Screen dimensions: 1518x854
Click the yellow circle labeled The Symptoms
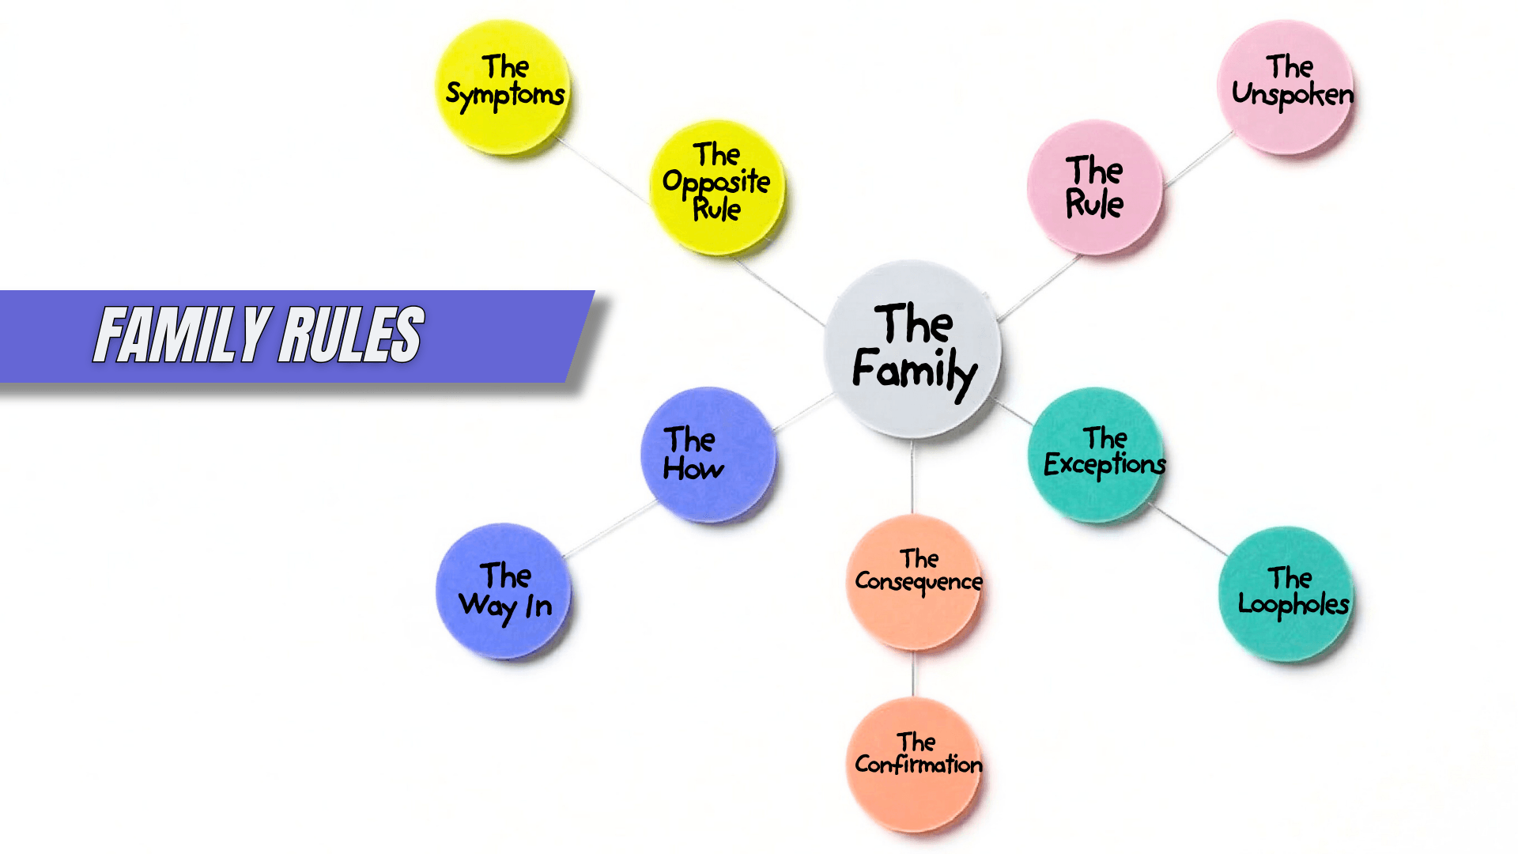tap(504, 87)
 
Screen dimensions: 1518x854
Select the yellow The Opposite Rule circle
tap(717, 187)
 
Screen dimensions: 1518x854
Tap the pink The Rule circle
tap(1094, 187)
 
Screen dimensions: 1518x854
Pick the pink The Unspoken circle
tap(1286, 87)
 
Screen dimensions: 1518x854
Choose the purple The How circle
tap(708, 454)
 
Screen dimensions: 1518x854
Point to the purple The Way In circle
tap(504, 591)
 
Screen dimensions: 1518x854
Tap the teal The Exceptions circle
tap(1096, 454)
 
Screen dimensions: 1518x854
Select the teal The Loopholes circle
tap(1286, 593)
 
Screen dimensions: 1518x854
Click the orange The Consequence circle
tap(914, 581)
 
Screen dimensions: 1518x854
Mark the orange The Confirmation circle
tap(914, 764)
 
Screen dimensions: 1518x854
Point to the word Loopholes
tap(1293, 605)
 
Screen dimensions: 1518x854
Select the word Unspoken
tap(1293, 95)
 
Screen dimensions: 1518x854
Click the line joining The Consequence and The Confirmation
tap(914, 673)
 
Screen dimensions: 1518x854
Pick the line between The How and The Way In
tap(609, 529)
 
